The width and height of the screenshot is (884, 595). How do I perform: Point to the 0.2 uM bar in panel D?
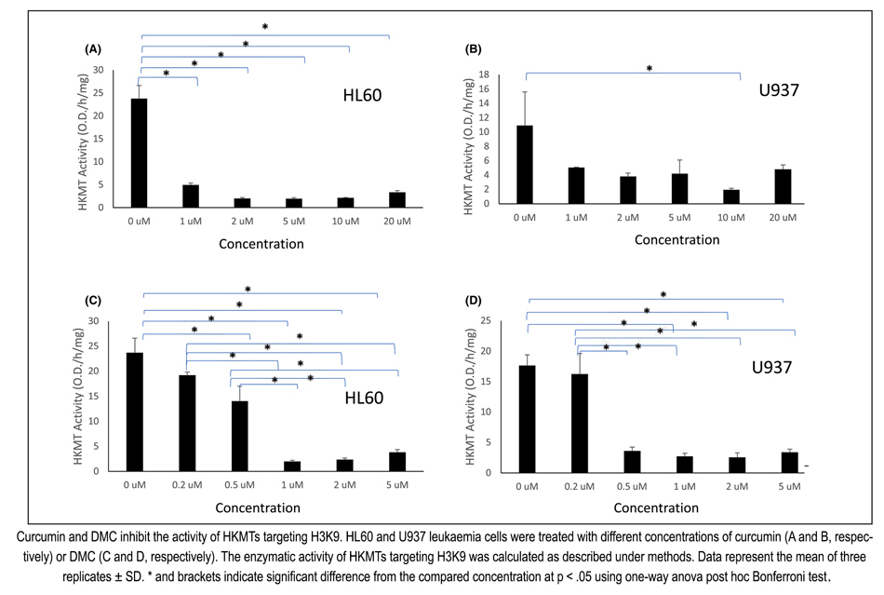[x=578, y=423]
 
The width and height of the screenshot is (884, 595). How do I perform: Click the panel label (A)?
[x=92, y=47]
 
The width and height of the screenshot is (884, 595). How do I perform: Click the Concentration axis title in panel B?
[x=676, y=239]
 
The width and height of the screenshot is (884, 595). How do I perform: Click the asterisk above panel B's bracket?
[x=650, y=68]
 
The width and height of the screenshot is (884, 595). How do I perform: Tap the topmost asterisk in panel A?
[x=264, y=27]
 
